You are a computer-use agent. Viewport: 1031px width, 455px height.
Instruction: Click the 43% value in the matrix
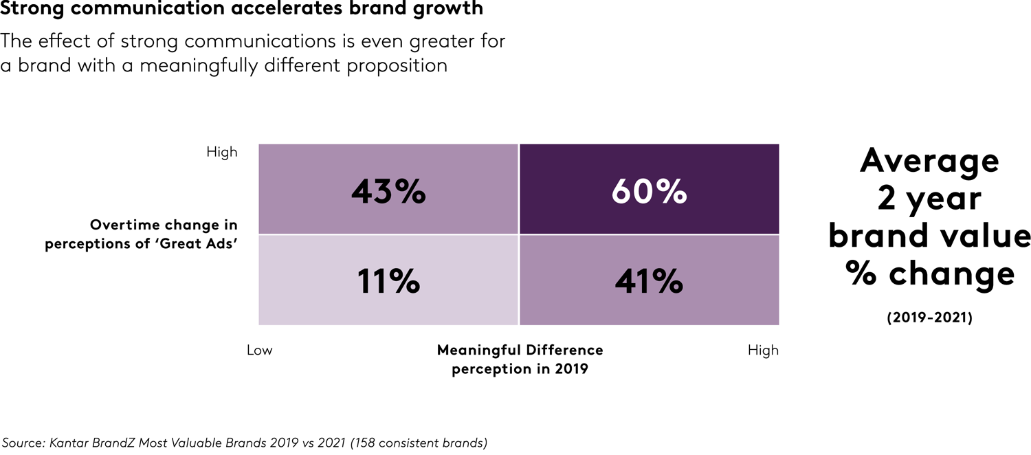[388, 192]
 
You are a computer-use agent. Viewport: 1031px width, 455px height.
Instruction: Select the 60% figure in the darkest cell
[649, 192]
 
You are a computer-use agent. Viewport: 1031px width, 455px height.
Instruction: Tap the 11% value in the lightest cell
[388, 281]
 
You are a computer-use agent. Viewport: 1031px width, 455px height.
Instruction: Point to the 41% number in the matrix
[649, 281]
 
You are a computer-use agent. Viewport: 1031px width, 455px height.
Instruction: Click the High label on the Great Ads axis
[221, 152]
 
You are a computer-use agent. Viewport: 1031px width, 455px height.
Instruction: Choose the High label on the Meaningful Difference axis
[763, 351]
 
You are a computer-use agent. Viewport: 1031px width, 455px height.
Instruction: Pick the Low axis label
[260, 351]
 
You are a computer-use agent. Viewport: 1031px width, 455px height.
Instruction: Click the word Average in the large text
[929, 161]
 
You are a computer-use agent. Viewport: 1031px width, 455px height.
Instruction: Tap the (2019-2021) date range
[929, 318]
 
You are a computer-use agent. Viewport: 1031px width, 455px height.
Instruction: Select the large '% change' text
[929, 274]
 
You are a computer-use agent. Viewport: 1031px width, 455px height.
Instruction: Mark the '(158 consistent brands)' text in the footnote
[419, 443]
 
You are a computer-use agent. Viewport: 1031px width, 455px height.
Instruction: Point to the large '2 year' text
[929, 199]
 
